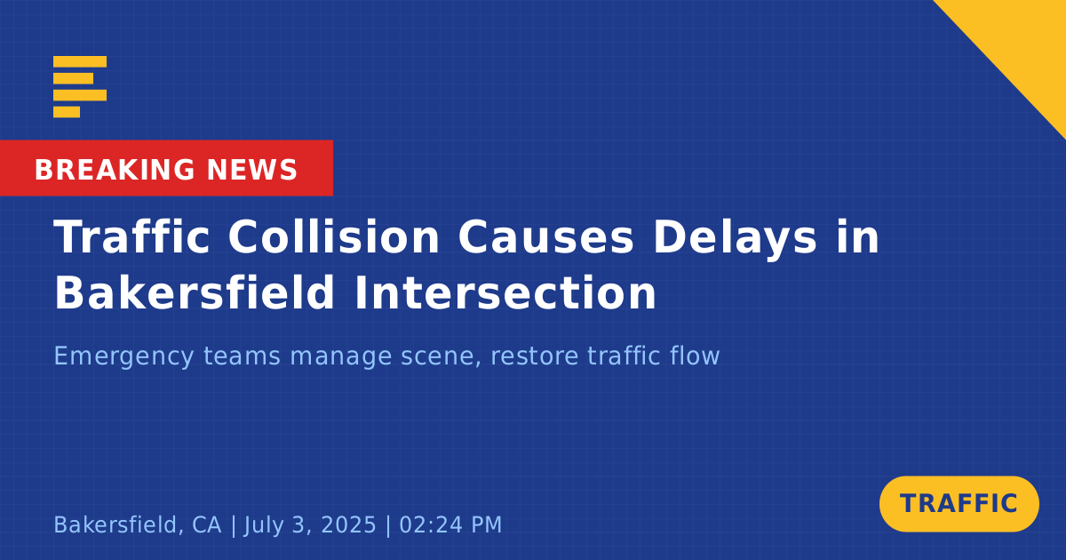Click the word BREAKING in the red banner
coord(115,170)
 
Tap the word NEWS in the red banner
coord(252,170)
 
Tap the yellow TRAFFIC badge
coord(959,503)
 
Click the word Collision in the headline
coord(334,236)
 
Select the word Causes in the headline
coord(545,236)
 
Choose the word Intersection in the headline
coord(505,292)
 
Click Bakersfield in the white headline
coord(195,292)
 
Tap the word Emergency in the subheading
coord(123,356)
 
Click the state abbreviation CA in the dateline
coord(206,524)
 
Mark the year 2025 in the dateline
coord(348,524)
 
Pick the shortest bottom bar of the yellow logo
coord(67,112)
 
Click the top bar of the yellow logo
coord(80,61)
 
